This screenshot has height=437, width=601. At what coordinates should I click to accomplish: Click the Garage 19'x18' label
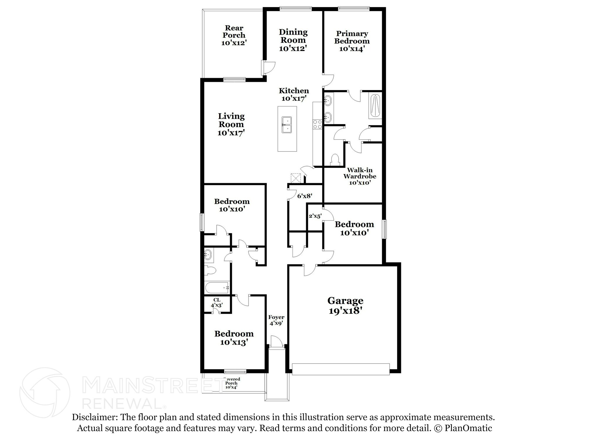345,306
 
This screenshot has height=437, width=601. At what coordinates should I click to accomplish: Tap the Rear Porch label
234,35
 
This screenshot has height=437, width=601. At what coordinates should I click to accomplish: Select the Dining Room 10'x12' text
293,40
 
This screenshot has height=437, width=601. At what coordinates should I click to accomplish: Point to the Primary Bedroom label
352,37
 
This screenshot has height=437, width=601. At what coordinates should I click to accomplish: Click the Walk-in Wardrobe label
360,173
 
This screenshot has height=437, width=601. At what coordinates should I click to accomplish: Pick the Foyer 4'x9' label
276,320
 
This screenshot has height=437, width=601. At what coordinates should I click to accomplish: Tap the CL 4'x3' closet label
217,303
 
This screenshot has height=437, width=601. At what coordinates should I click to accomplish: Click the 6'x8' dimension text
305,196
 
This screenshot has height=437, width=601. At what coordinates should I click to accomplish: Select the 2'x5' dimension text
315,216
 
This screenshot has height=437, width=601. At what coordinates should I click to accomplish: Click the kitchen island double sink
287,125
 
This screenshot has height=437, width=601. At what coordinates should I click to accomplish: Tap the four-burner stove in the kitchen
318,124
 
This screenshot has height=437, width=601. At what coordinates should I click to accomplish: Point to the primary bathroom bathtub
375,106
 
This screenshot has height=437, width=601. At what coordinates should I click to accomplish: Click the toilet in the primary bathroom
335,159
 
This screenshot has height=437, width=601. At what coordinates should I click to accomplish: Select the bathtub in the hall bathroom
217,288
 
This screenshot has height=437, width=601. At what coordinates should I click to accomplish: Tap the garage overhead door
341,369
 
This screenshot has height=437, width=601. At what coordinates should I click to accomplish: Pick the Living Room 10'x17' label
231,124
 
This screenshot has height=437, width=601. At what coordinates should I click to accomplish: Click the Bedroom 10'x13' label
234,338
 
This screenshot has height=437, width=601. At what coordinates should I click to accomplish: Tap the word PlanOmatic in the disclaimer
468,428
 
